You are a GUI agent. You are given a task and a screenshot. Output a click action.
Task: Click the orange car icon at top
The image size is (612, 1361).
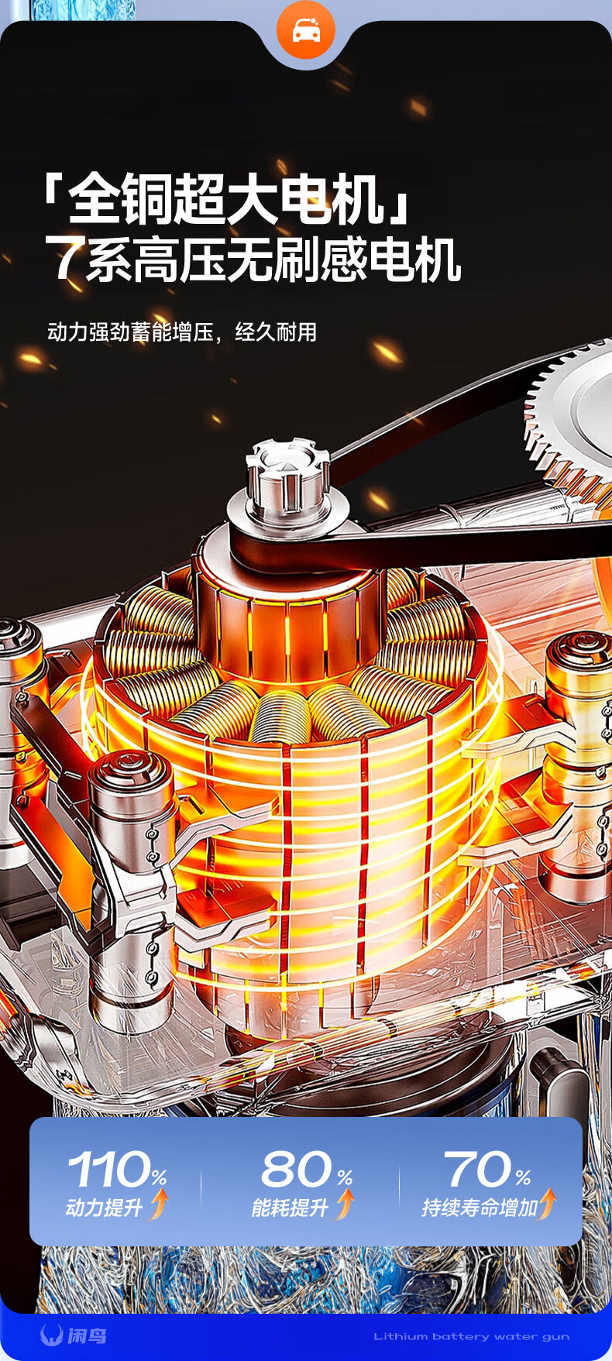306,30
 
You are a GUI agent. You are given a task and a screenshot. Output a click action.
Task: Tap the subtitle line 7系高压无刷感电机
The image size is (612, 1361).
253,259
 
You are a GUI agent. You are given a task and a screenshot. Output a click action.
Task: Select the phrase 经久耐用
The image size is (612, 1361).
276,332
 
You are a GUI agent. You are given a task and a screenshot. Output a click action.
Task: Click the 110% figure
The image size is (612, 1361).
118,1169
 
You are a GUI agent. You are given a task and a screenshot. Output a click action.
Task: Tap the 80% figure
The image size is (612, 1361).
307,1169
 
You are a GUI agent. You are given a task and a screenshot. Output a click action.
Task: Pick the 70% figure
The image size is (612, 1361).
487,1169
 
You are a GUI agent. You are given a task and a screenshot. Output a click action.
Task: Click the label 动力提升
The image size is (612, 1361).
105,1208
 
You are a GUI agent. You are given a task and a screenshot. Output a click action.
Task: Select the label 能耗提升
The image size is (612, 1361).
291,1208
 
